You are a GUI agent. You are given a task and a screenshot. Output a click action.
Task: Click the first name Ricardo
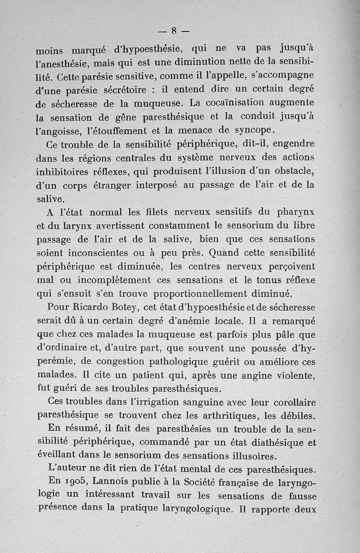pos(89,308)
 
